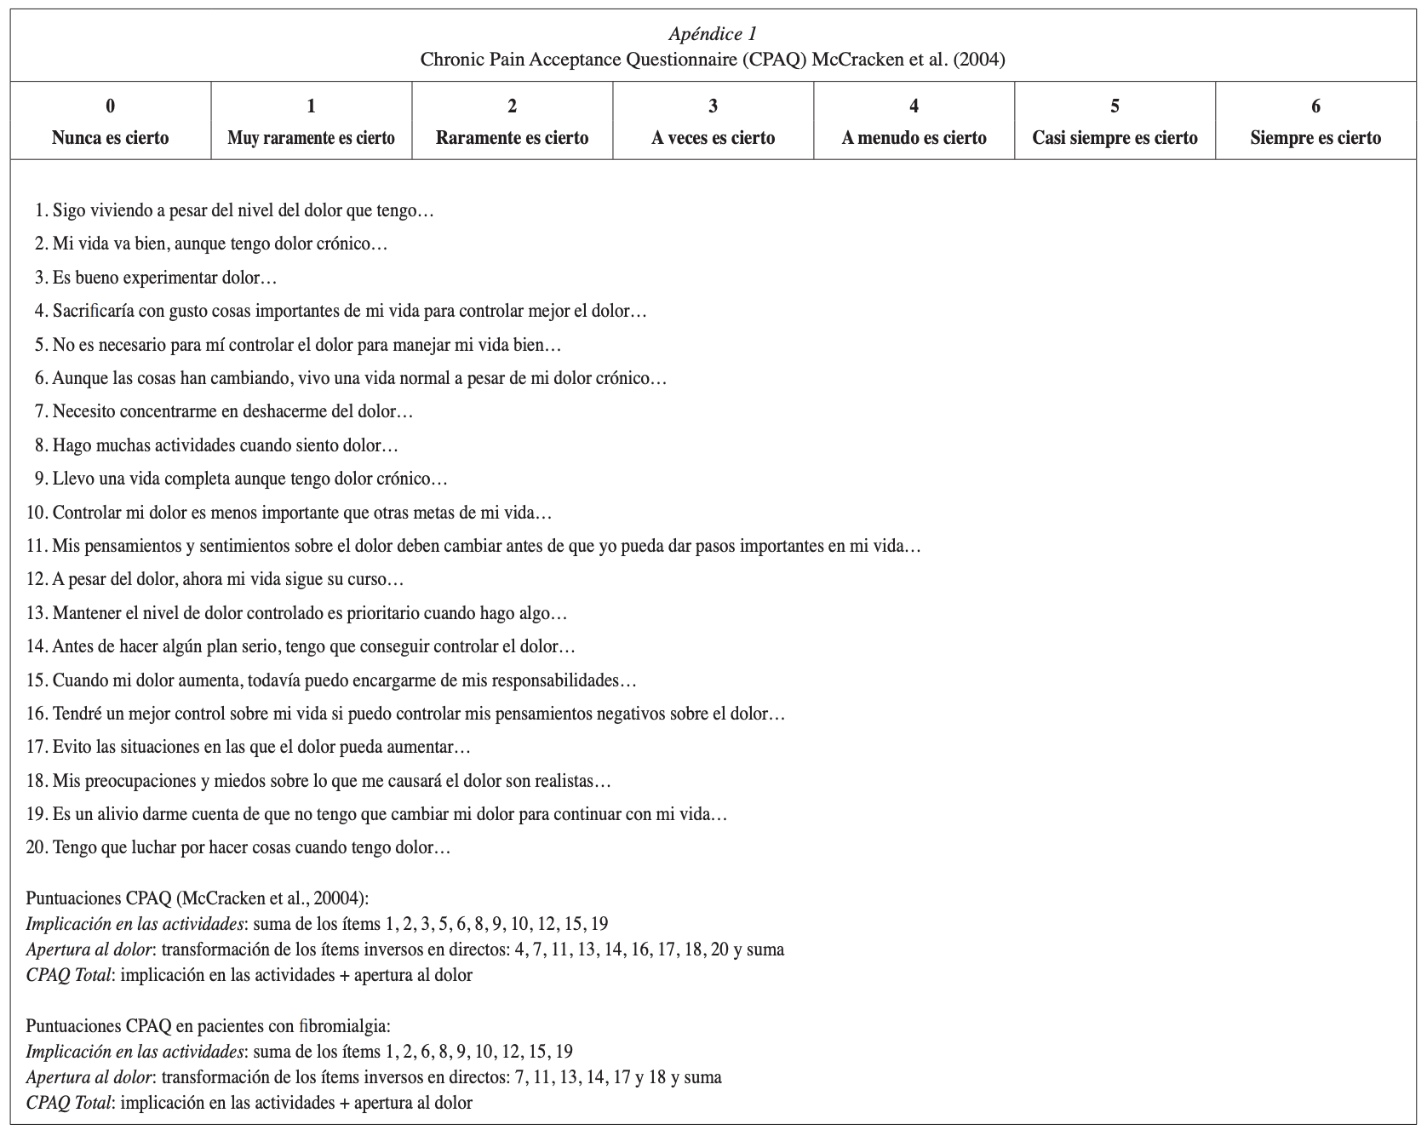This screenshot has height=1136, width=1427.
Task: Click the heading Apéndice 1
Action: point(713,34)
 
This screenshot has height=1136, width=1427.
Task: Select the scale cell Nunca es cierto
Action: point(110,138)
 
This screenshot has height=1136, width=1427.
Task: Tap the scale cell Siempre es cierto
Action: point(1315,138)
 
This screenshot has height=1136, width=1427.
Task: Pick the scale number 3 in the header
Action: point(713,106)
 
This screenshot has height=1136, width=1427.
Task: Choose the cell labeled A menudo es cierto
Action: point(914,138)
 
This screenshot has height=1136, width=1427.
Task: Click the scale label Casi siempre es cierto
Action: point(1115,138)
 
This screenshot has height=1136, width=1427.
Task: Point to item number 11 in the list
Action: point(36,546)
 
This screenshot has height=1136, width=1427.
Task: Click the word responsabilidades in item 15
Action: point(560,680)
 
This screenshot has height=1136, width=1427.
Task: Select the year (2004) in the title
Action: point(980,60)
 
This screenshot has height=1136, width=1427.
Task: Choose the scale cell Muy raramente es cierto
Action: point(311,138)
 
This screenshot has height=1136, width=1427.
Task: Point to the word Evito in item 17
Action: point(72,747)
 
